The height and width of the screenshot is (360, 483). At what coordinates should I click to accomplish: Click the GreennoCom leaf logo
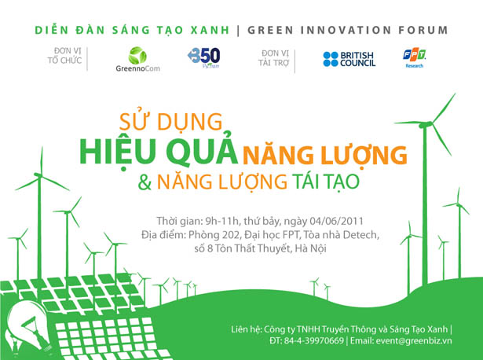coord(137,59)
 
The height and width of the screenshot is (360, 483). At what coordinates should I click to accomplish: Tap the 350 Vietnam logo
coord(204,57)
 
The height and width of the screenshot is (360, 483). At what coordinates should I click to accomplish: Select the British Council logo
coord(349,59)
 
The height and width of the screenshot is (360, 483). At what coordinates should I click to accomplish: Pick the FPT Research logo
coord(415,57)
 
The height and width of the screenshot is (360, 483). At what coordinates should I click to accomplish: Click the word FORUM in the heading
coord(423,30)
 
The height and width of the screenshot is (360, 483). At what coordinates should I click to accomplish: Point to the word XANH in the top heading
coord(210,30)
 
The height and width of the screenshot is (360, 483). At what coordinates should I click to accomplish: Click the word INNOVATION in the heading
coord(346,30)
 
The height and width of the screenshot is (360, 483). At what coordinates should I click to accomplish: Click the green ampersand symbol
coord(145,182)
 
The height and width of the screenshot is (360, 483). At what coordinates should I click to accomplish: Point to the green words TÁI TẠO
coord(326,182)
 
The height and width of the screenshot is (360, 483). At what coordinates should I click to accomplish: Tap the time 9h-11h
coord(222,221)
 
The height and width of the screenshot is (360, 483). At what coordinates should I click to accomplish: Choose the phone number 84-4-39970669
coord(314,340)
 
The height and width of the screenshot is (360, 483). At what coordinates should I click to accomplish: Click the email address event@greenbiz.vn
coord(414,341)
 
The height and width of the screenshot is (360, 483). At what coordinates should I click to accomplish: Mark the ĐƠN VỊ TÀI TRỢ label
coord(273,58)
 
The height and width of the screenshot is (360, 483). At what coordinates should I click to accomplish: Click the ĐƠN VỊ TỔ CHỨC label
coord(64,56)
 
